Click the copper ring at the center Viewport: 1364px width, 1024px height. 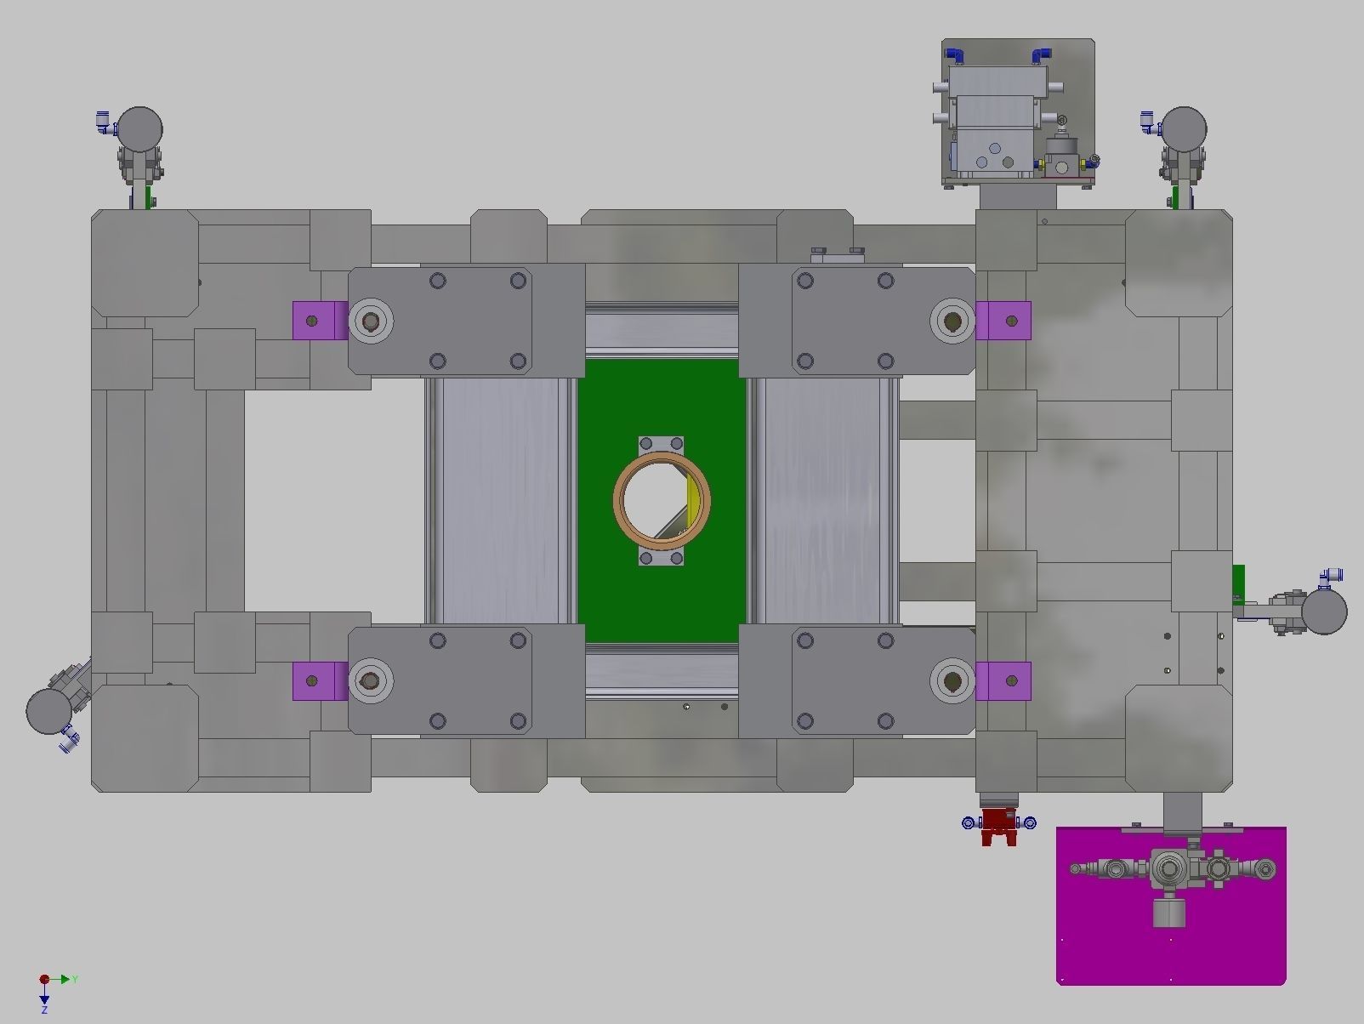point(662,458)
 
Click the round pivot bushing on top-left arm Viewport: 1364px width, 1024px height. point(371,321)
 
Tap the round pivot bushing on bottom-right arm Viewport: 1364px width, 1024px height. point(952,681)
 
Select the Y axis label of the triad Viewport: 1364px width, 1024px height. point(75,980)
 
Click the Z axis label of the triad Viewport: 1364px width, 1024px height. point(44,1010)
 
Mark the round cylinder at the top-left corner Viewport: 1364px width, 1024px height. point(139,129)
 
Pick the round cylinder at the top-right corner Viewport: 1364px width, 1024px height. point(1184,129)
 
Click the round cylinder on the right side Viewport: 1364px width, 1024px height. point(1324,612)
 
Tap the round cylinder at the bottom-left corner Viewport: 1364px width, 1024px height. point(49,711)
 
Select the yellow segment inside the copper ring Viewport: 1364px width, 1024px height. point(697,500)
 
